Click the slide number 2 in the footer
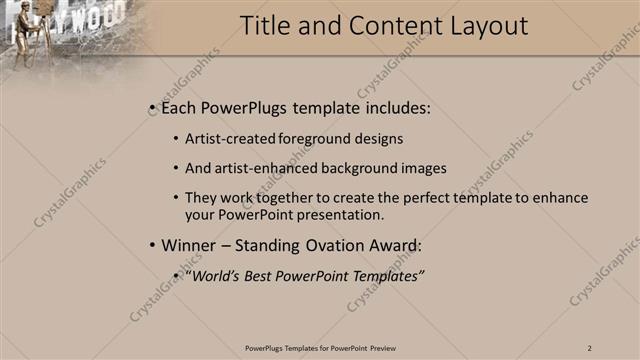click(590, 348)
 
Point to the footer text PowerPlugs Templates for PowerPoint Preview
click(319, 348)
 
